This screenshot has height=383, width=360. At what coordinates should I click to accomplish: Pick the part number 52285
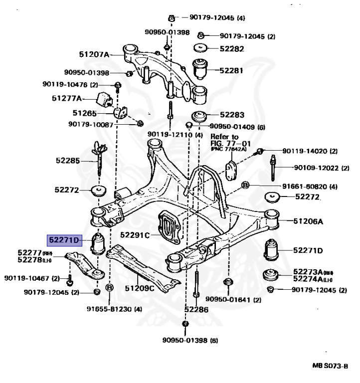(x=67, y=161)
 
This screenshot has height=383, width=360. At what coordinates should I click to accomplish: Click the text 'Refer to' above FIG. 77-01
(x=224, y=136)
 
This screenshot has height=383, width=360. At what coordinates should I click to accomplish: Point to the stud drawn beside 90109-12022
(x=273, y=168)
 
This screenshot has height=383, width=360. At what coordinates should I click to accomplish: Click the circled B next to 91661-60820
(x=245, y=186)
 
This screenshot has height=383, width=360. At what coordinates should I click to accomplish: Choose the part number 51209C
(x=140, y=288)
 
